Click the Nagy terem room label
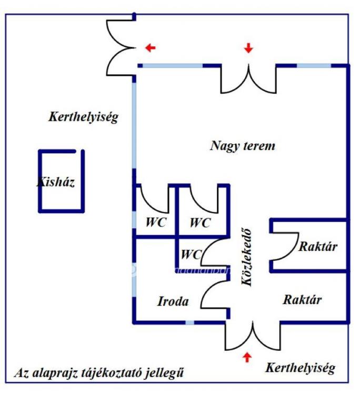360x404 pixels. pos(243,146)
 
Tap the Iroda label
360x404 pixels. pos(173,301)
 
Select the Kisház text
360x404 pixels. pos(56,183)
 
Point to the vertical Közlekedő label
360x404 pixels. pos(246,257)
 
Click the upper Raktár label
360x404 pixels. pos(318,246)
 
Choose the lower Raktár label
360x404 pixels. pos(302,300)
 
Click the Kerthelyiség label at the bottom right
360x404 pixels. pos(300,367)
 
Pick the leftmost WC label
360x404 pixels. pos(156,222)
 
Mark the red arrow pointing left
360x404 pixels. pos(151,48)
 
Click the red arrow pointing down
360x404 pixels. pos(248,48)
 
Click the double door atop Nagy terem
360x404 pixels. pos(248,78)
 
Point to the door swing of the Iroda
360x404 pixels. pos(215,295)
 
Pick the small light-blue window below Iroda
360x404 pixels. pos(189,322)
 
